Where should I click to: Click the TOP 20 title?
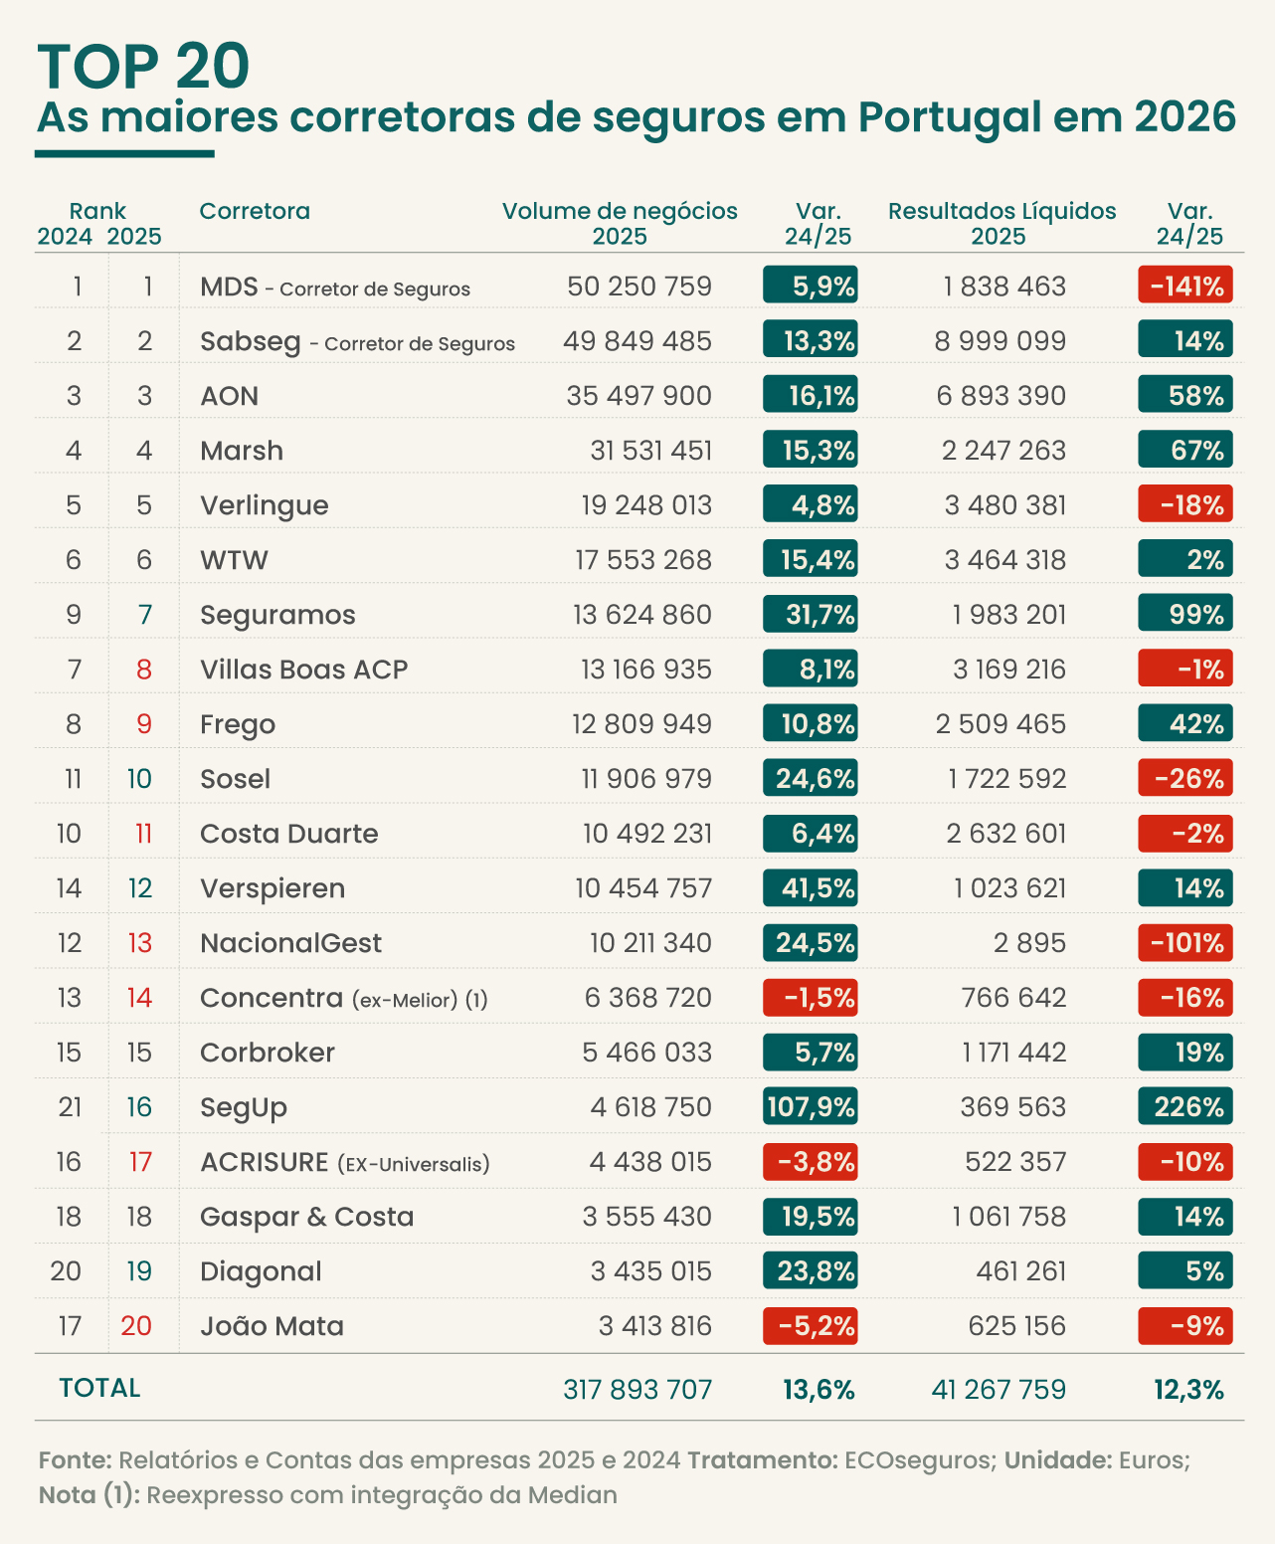(x=143, y=66)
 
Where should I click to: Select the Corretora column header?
(x=255, y=211)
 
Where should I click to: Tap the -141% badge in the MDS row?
(x=1184, y=285)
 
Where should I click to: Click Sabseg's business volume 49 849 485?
(x=637, y=341)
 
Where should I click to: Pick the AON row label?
(x=229, y=396)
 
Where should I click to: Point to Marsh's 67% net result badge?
(x=1184, y=449)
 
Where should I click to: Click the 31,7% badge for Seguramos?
(x=811, y=613)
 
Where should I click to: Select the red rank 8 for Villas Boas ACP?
(x=144, y=670)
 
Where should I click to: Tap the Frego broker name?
(x=238, y=724)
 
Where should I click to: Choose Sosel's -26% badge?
(x=1184, y=777)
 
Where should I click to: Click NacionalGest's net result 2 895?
(x=1029, y=943)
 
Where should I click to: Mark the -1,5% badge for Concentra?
(x=811, y=997)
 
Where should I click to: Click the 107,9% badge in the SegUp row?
(x=811, y=1106)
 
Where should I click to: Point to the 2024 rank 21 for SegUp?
(x=70, y=1107)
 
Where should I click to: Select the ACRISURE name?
(x=264, y=1162)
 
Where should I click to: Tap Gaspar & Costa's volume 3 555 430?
(x=646, y=1217)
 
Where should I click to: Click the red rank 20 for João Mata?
(x=136, y=1326)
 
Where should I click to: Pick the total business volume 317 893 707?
(x=637, y=1390)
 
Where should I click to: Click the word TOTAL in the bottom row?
(x=99, y=1388)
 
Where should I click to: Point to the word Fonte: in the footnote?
(x=76, y=1460)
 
